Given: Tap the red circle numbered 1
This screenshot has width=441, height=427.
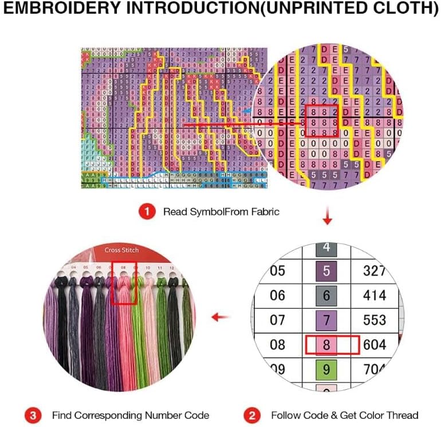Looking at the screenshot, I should pos(147,211).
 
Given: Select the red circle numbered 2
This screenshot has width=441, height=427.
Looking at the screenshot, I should pos(253,414).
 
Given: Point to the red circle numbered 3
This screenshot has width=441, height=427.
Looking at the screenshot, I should pos(33,414).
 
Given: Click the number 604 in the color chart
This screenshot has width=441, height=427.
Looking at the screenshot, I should pos(375,345).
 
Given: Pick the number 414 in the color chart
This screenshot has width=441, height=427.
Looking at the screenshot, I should pos(375,296).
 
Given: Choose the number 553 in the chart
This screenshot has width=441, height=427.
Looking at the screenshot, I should pos(375,320).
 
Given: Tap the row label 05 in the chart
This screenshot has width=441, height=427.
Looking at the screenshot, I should pos(277,270).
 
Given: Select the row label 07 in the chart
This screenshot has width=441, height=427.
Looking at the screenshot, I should pos(277,320).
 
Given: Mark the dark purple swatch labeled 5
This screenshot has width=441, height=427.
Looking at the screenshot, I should pos(326,270).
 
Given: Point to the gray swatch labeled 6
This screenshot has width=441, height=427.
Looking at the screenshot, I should pos(326,296).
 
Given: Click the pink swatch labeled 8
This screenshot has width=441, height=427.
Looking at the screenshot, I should pos(326,345).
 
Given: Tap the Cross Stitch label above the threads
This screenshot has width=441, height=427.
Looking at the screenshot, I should pos(121,250).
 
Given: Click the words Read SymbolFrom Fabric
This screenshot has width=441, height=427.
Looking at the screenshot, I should pos(221,211).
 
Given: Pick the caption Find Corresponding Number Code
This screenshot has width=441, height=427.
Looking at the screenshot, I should pos(131,414).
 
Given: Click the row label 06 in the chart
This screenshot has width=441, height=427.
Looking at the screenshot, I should pos(277,296).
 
